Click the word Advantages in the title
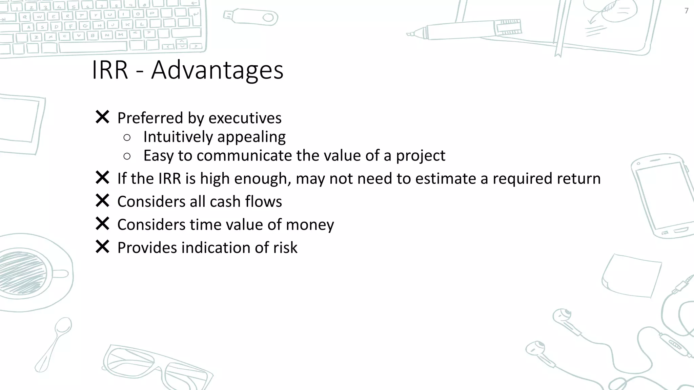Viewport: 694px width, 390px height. [217, 70]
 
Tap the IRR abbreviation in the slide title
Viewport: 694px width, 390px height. [110, 70]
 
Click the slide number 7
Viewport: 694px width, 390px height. [686, 11]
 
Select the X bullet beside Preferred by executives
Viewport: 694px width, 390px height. [102, 117]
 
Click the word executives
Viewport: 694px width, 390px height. [245, 118]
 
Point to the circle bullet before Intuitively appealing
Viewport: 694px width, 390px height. [127, 137]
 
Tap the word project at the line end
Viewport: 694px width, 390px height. [420, 156]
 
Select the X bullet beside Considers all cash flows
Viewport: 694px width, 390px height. [102, 200]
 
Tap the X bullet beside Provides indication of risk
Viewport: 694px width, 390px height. [102, 246]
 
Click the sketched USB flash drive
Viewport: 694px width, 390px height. [251, 17]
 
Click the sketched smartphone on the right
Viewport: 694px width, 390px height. [661, 196]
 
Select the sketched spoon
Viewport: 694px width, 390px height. [54, 344]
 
